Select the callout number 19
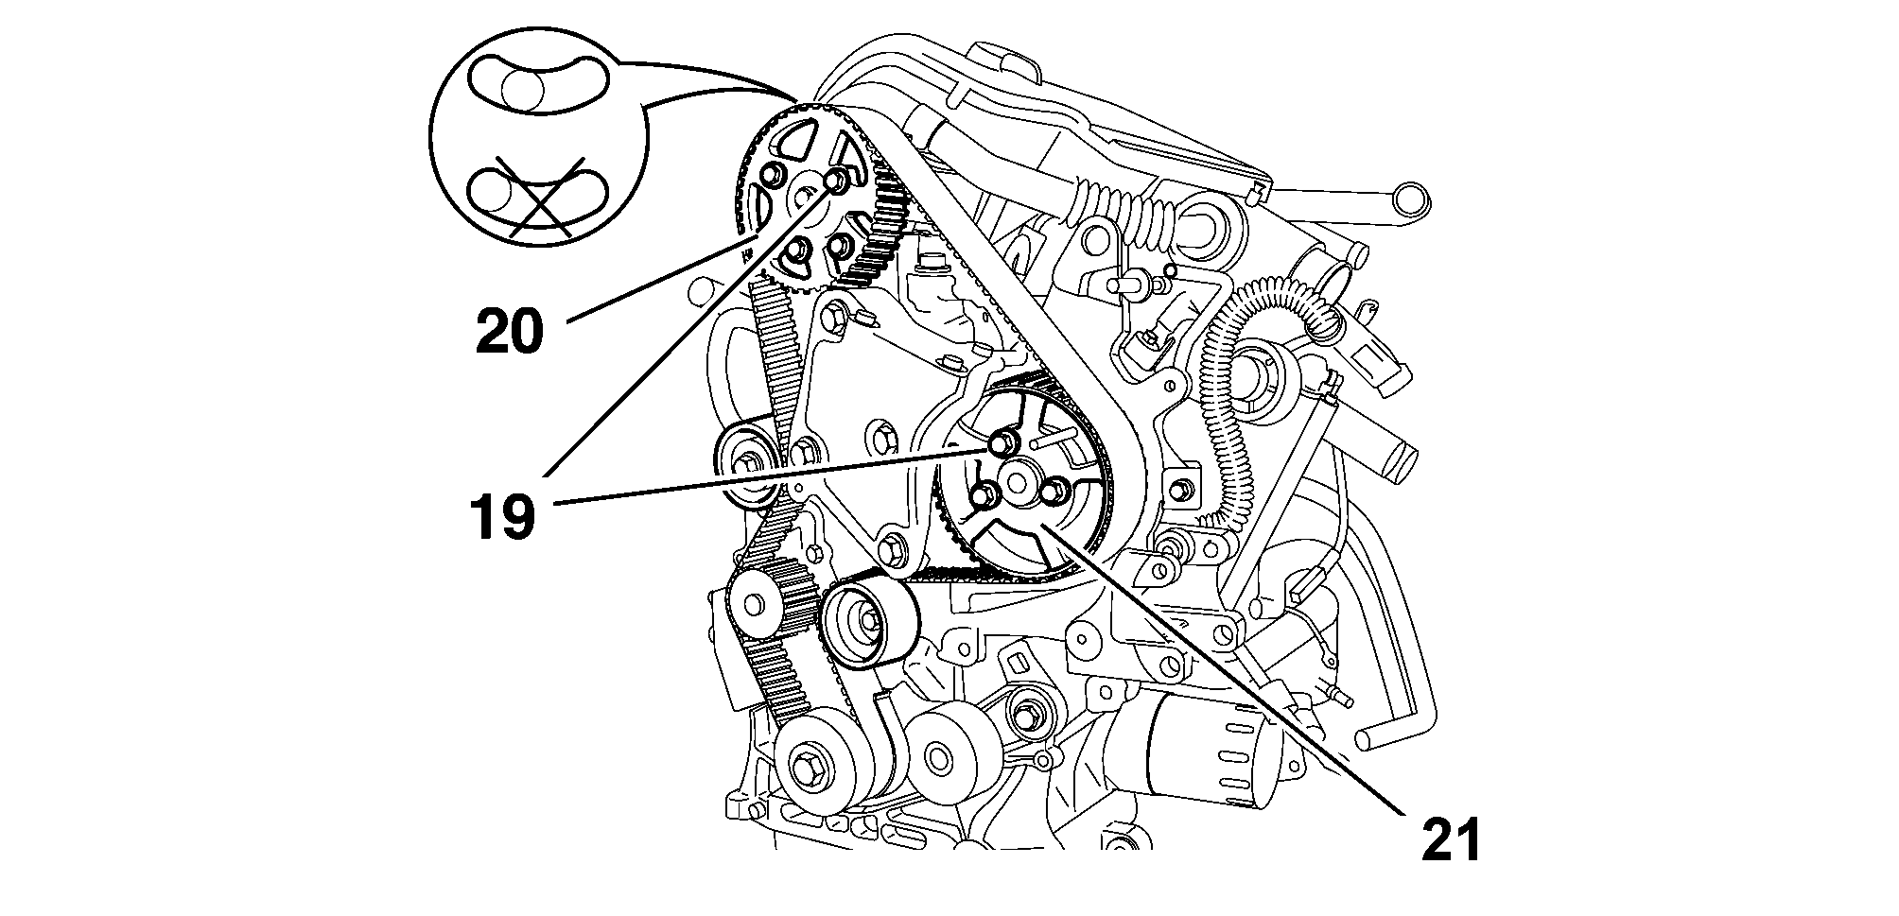pyautogui.click(x=502, y=517)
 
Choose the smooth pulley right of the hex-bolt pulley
pyautogui.click(x=938, y=756)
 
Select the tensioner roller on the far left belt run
pyautogui.click(x=749, y=466)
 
